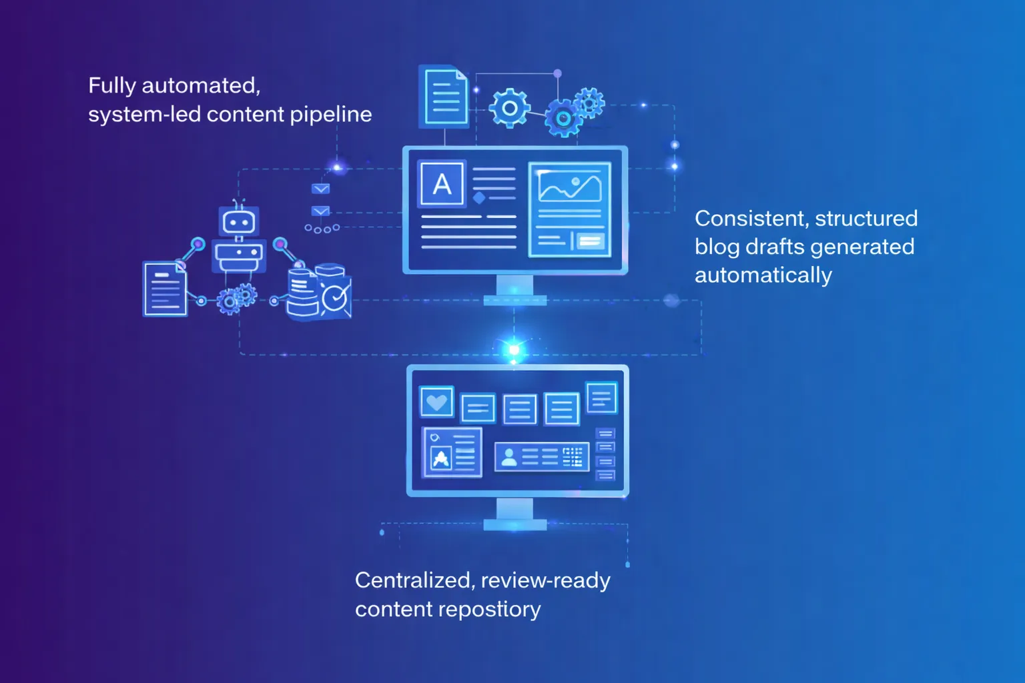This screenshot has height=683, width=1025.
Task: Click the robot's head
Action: coord(239,221)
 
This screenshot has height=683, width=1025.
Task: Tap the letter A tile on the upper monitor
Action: coord(442,183)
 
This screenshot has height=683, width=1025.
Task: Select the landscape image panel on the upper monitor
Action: coord(570,209)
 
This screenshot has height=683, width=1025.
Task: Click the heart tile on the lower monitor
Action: coord(436,402)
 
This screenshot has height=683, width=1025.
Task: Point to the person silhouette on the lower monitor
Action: coord(509,458)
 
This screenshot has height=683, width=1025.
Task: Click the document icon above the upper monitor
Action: coord(444,97)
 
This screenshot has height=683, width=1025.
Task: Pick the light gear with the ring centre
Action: coord(509,109)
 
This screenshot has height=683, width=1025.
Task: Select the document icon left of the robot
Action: coord(165,289)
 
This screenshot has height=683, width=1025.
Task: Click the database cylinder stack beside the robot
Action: coord(302,293)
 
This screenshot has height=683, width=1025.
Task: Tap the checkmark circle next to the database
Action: coord(334,297)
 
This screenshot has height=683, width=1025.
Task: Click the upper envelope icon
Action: coord(320,189)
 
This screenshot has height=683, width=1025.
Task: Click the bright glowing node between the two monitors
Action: coord(514,350)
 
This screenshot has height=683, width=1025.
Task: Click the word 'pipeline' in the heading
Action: coord(331,114)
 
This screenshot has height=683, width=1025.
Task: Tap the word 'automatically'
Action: coord(763,275)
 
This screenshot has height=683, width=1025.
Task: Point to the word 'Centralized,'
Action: coord(415,580)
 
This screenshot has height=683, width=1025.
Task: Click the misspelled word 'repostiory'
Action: coord(490,610)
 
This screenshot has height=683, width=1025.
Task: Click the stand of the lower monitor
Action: coord(515,514)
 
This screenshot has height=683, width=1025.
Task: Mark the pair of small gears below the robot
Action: coord(237,298)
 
